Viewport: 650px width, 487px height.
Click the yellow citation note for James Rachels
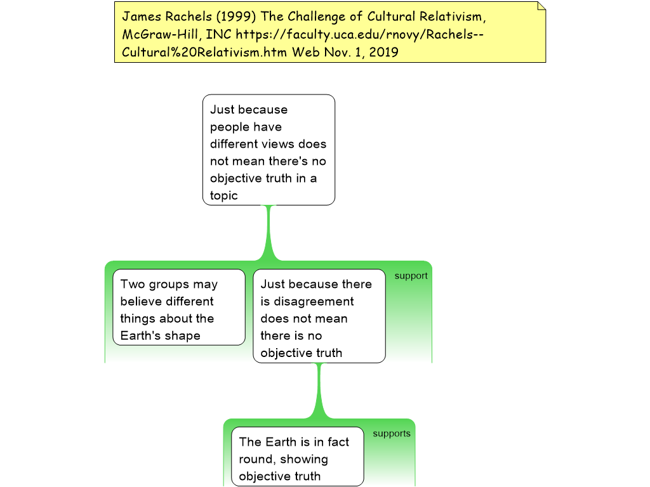point(330,32)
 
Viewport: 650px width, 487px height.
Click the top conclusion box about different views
point(269,150)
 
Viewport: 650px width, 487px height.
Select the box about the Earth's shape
point(179,308)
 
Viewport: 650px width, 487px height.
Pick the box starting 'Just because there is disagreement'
point(319,316)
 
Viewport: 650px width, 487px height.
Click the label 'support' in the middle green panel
point(411,276)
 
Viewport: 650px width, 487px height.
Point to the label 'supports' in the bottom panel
point(391,434)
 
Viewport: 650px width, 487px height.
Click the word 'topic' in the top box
point(224,195)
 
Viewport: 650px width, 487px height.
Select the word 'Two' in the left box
point(133,284)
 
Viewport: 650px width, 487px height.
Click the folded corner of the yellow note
point(540,6)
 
